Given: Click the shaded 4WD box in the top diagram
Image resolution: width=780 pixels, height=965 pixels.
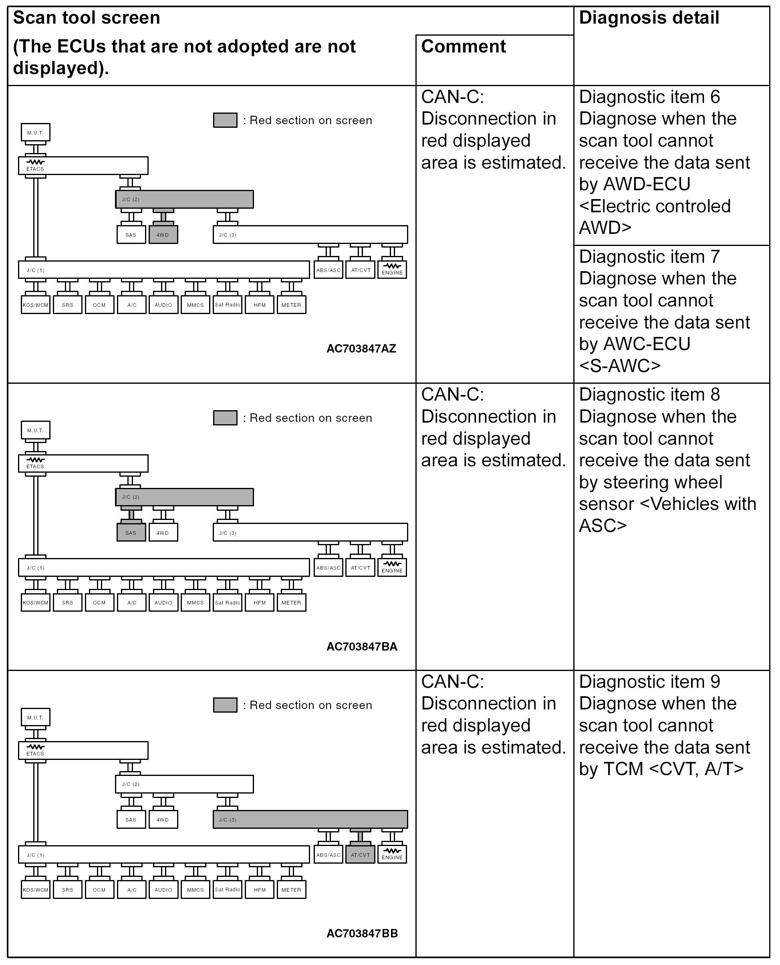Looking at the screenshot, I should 163,234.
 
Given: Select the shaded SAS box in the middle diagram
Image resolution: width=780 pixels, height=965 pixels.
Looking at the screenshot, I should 131,532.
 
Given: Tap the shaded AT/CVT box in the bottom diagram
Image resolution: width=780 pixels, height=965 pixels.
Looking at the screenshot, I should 360,854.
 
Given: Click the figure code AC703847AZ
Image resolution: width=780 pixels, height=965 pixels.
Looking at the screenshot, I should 361,349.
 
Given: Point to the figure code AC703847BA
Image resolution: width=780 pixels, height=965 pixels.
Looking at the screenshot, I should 362,647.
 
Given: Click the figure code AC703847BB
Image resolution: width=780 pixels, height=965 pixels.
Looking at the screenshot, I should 362,933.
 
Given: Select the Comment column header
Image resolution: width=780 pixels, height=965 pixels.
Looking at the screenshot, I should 463,46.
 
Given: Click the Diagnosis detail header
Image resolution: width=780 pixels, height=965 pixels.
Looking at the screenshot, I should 649,18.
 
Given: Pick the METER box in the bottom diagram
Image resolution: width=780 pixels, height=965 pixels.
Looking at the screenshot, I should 291,890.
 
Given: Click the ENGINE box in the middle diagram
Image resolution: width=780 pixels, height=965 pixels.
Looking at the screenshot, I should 392,567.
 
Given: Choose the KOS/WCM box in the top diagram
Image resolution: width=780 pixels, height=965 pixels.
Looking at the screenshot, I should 36,304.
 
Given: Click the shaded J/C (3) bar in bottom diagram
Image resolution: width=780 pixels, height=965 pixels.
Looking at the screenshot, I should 310,819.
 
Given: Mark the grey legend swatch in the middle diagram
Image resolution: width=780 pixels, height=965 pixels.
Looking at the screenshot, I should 225,417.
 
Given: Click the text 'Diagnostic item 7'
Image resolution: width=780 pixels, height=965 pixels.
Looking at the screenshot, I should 649,256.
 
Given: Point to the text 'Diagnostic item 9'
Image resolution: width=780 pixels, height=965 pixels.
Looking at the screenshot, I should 649,681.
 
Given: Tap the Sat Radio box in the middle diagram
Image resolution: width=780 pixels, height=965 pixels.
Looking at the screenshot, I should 228,602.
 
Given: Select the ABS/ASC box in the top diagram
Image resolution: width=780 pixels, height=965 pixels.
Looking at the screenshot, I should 329,270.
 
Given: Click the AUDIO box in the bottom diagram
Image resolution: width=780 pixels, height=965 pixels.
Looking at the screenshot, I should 163,890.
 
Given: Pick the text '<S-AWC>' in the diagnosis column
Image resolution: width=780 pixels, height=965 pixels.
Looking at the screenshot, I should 620,365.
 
